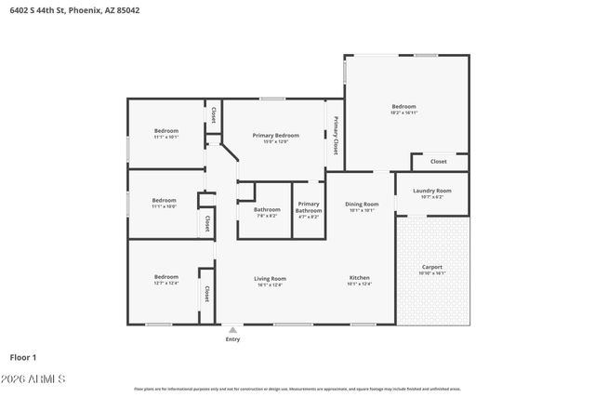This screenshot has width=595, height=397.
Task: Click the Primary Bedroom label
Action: click(275, 136)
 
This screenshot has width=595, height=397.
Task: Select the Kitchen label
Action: click(360, 278)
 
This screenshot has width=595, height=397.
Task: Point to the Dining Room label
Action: click(362, 204)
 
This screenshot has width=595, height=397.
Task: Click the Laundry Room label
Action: click(432, 191)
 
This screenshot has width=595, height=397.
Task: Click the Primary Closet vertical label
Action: click(336, 136)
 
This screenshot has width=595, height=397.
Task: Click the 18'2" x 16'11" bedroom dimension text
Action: click(403, 112)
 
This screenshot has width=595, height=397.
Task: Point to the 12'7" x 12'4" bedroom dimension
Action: click(166, 283)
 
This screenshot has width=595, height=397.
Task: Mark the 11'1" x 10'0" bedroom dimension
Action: click(165, 206)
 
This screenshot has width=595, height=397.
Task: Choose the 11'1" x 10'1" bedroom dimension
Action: click(165, 137)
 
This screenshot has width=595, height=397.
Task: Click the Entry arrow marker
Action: click(232, 329)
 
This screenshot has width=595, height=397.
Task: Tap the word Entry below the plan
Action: click(232, 339)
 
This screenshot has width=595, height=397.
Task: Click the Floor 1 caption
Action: click(23, 356)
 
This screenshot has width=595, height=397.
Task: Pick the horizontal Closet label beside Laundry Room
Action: click(438, 162)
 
